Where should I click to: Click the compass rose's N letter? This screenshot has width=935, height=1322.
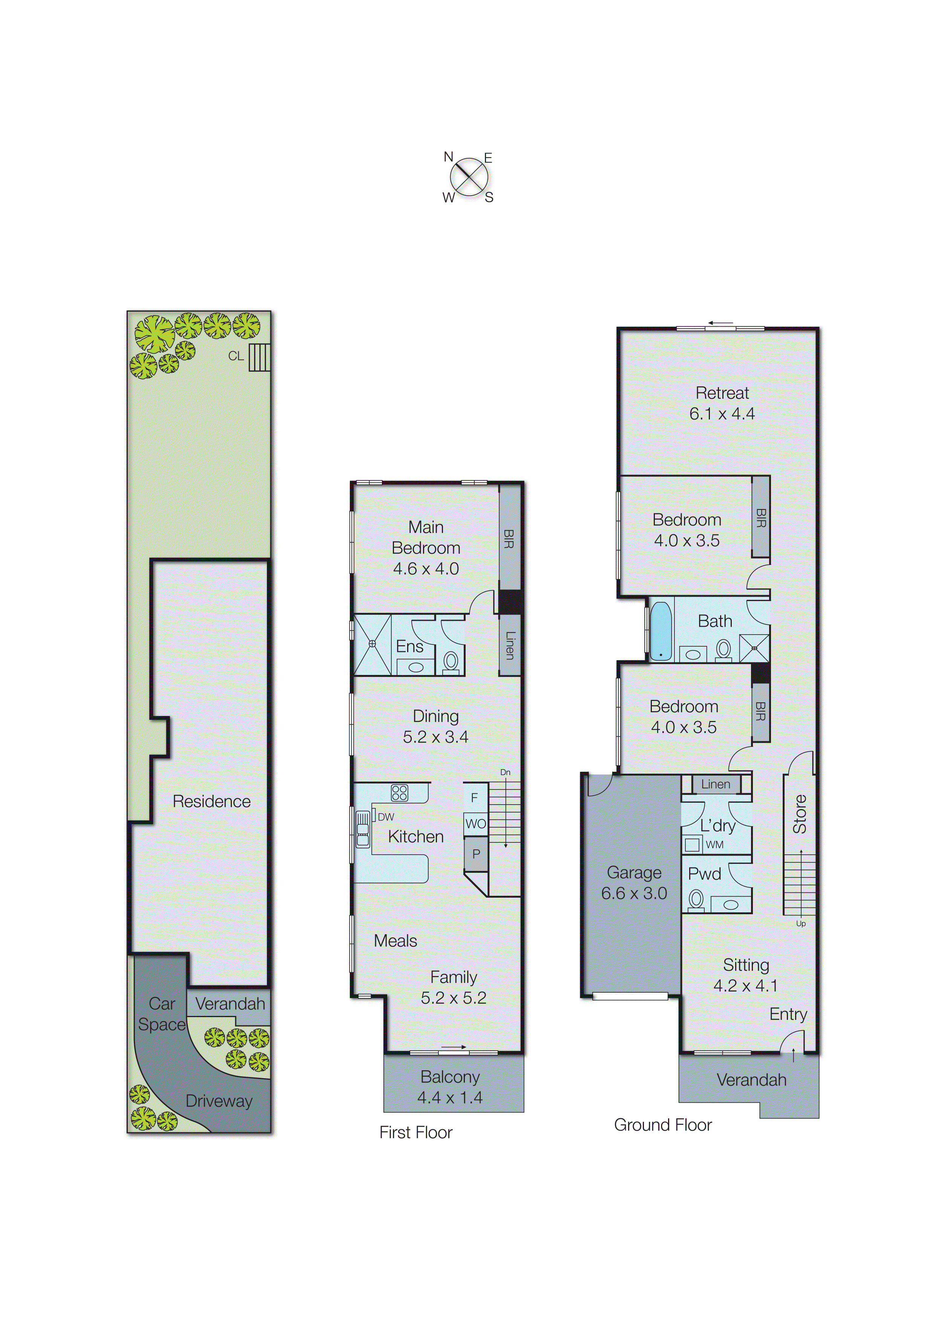[x=448, y=157]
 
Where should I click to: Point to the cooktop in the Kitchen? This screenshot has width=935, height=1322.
[x=399, y=793]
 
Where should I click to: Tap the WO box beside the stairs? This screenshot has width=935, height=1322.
[x=475, y=824]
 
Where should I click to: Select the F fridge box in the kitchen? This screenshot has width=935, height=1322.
[x=475, y=797]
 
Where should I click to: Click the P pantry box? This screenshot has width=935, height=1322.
[x=476, y=854]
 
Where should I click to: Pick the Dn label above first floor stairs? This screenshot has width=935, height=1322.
[x=505, y=772]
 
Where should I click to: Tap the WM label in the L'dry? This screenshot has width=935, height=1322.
[x=714, y=845]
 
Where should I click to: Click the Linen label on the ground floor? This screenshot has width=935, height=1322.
[x=716, y=784]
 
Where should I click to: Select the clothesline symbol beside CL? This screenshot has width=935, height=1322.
[x=259, y=358]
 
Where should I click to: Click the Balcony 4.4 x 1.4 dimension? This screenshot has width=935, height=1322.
[x=450, y=1097]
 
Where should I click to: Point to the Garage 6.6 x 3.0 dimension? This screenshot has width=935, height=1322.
[x=634, y=893]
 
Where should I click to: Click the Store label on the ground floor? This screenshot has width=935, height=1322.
[x=800, y=814]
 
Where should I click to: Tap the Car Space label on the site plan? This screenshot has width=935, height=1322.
[x=162, y=1014]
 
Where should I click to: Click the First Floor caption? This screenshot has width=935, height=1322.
[x=415, y=1132]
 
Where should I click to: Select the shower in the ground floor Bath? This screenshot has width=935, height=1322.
[x=754, y=648]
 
